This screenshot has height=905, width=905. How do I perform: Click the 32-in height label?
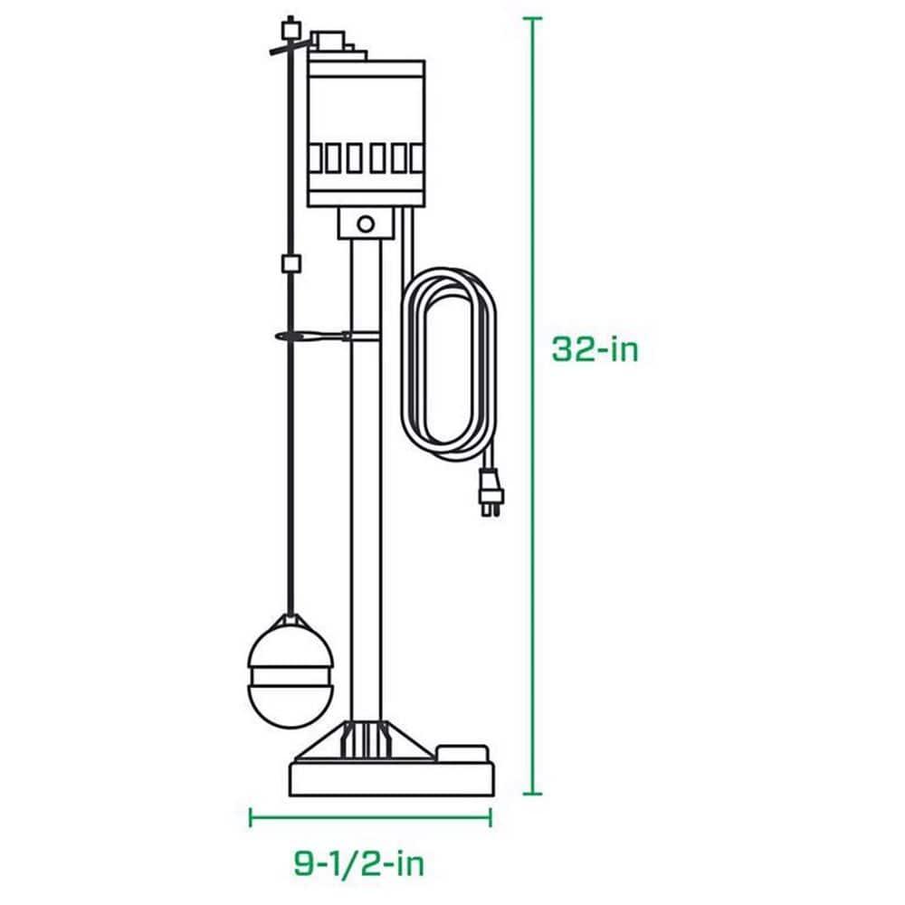click(x=595, y=349)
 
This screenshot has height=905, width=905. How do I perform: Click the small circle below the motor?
click(x=366, y=223)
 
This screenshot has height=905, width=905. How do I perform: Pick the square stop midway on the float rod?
click(x=291, y=264)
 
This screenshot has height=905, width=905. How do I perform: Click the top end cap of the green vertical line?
click(x=534, y=18)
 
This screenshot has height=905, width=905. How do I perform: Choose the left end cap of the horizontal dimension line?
click(x=251, y=816)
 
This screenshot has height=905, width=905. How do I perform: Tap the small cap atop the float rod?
click(x=291, y=27)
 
